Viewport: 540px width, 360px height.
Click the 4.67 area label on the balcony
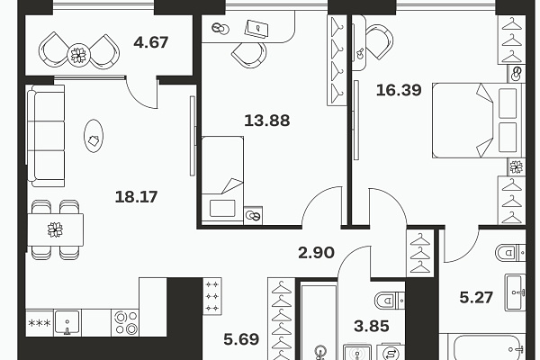point(151,42)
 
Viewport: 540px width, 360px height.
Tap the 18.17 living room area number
point(136,197)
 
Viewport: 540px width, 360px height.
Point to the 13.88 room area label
point(267,121)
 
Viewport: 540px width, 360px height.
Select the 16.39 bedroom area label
point(399,90)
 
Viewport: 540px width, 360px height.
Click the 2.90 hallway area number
point(316,253)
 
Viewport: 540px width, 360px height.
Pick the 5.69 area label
point(241,339)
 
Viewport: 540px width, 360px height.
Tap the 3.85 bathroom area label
point(372,326)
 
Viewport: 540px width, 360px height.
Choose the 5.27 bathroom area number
point(476,297)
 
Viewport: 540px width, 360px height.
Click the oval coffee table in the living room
point(94,136)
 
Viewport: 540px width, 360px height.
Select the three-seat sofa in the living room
point(46,136)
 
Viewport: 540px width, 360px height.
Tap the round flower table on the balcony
point(79,54)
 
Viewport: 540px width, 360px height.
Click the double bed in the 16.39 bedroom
point(477,121)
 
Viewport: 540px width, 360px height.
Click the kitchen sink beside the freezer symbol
point(67,322)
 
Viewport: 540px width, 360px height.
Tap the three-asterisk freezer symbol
point(40,323)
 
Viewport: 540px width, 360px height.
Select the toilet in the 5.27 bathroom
point(510,253)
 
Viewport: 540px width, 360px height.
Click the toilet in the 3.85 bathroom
point(390,301)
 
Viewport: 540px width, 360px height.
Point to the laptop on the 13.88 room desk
point(256,28)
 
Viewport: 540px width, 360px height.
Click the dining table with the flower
point(55,229)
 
